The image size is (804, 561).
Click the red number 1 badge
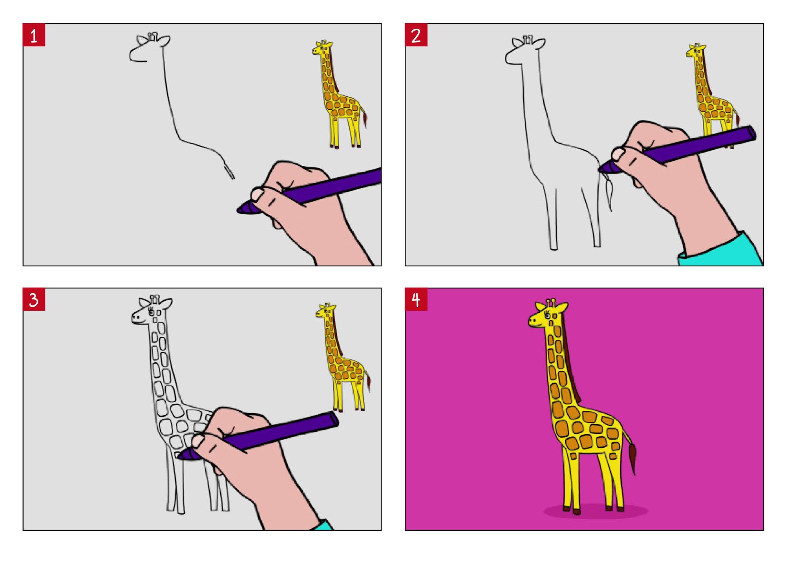[x=34, y=35]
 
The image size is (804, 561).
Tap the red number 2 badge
[x=416, y=35]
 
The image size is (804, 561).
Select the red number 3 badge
[x=34, y=299]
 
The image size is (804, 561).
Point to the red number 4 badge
[x=416, y=299]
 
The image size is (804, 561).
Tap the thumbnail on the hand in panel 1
[x=258, y=194]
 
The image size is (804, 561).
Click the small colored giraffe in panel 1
[x=340, y=94]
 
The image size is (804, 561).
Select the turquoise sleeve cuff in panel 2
[x=720, y=249]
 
